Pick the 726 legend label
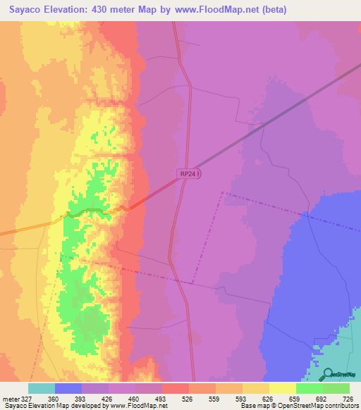tap(348, 398)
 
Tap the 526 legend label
tap(188, 398)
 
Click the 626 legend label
tap(268, 398)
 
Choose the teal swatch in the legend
tap(42, 388)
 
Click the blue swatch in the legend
tap(68, 388)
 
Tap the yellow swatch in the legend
tap(282, 388)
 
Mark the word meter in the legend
tap(11, 398)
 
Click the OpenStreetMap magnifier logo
tap(328, 373)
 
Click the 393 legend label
tap(82, 398)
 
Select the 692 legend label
tap(321, 398)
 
